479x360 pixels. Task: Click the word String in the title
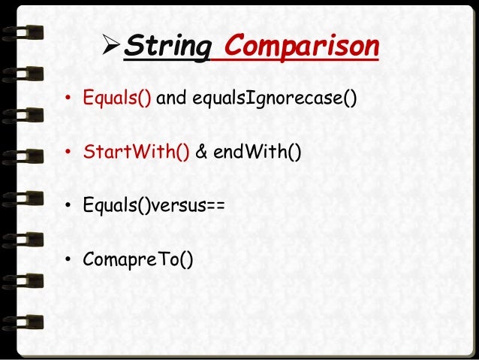coord(166,48)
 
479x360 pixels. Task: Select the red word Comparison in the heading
coord(301,48)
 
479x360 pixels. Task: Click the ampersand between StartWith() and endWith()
coord(201,154)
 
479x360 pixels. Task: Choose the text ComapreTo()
coord(138,261)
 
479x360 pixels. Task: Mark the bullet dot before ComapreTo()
coord(68,262)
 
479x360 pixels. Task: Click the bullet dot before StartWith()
coord(68,155)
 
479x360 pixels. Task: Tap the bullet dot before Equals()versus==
coord(68,208)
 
